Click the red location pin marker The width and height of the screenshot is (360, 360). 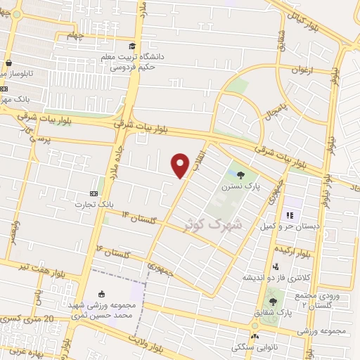click(181, 165)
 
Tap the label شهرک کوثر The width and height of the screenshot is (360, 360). click(211, 224)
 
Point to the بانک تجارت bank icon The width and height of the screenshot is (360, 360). click(94, 193)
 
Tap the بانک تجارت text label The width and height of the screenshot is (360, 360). click(95, 204)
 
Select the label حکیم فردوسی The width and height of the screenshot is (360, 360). click(131, 68)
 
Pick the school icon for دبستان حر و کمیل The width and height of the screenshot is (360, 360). click(288, 215)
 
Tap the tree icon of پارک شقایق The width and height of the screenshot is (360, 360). click(273, 302)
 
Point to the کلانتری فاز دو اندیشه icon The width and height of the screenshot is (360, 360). click(275, 266)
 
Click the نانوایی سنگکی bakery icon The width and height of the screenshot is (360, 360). click(254, 336)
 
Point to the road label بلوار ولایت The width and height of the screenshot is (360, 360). click(158, 341)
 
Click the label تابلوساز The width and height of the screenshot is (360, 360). click(19, 73)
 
